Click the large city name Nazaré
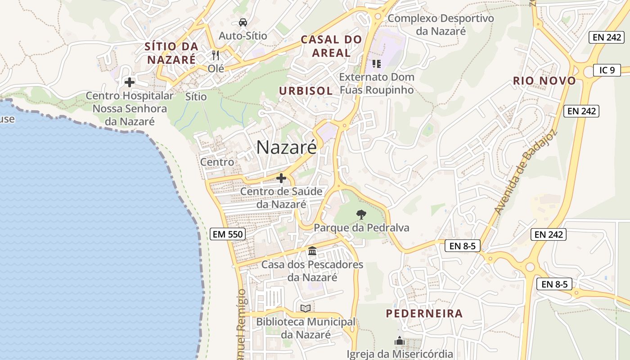[x=287, y=147]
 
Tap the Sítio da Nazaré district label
[x=171, y=53]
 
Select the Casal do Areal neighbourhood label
[x=331, y=46]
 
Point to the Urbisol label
[x=306, y=90]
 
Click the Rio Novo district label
[x=544, y=81]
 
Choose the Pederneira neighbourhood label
[x=424, y=313]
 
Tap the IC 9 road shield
[x=607, y=70]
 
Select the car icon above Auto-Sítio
[x=243, y=22]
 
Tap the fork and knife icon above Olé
[x=216, y=55]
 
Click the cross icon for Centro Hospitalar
[x=130, y=82]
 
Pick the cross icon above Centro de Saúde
[x=281, y=178]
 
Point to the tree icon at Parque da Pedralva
[x=361, y=214]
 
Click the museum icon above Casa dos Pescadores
[x=312, y=251]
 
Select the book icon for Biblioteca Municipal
[x=306, y=308]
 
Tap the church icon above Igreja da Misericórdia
[x=400, y=341]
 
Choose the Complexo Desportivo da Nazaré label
[x=441, y=25]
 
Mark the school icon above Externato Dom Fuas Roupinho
[x=377, y=63]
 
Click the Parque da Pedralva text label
[x=362, y=228]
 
